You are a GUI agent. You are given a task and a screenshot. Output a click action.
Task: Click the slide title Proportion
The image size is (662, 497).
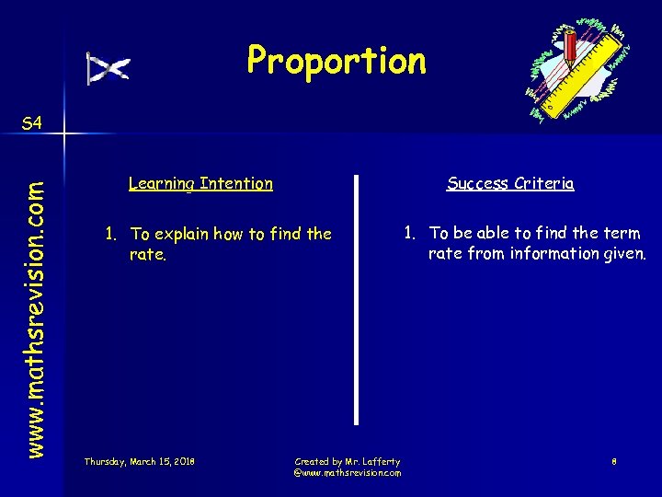[x=337, y=61]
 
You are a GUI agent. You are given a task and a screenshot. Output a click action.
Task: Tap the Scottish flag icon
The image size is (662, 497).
[x=108, y=68]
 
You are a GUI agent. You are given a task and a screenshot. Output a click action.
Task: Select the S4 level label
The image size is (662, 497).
[x=31, y=123]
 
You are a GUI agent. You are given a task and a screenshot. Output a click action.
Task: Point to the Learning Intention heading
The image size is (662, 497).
[x=200, y=183]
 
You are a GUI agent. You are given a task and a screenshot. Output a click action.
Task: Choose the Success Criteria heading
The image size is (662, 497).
[x=510, y=183]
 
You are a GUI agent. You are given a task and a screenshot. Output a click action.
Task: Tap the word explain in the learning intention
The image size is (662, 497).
[x=180, y=235]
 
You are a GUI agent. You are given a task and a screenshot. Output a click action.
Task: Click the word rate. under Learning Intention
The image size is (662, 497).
[x=147, y=254]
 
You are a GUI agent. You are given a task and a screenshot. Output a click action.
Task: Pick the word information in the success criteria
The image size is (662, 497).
[x=552, y=253]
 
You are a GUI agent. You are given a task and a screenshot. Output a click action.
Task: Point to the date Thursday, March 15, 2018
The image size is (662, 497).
[x=139, y=460]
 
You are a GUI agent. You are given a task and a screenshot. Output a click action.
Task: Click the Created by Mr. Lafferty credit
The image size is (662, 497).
[x=347, y=461]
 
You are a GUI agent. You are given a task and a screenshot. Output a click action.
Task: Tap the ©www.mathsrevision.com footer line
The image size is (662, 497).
[x=347, y=472]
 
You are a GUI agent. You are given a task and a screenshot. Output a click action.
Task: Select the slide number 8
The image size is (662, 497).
[x=614, y=461]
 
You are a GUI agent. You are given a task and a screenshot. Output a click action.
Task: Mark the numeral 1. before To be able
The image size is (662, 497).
[x=411, y=234]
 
